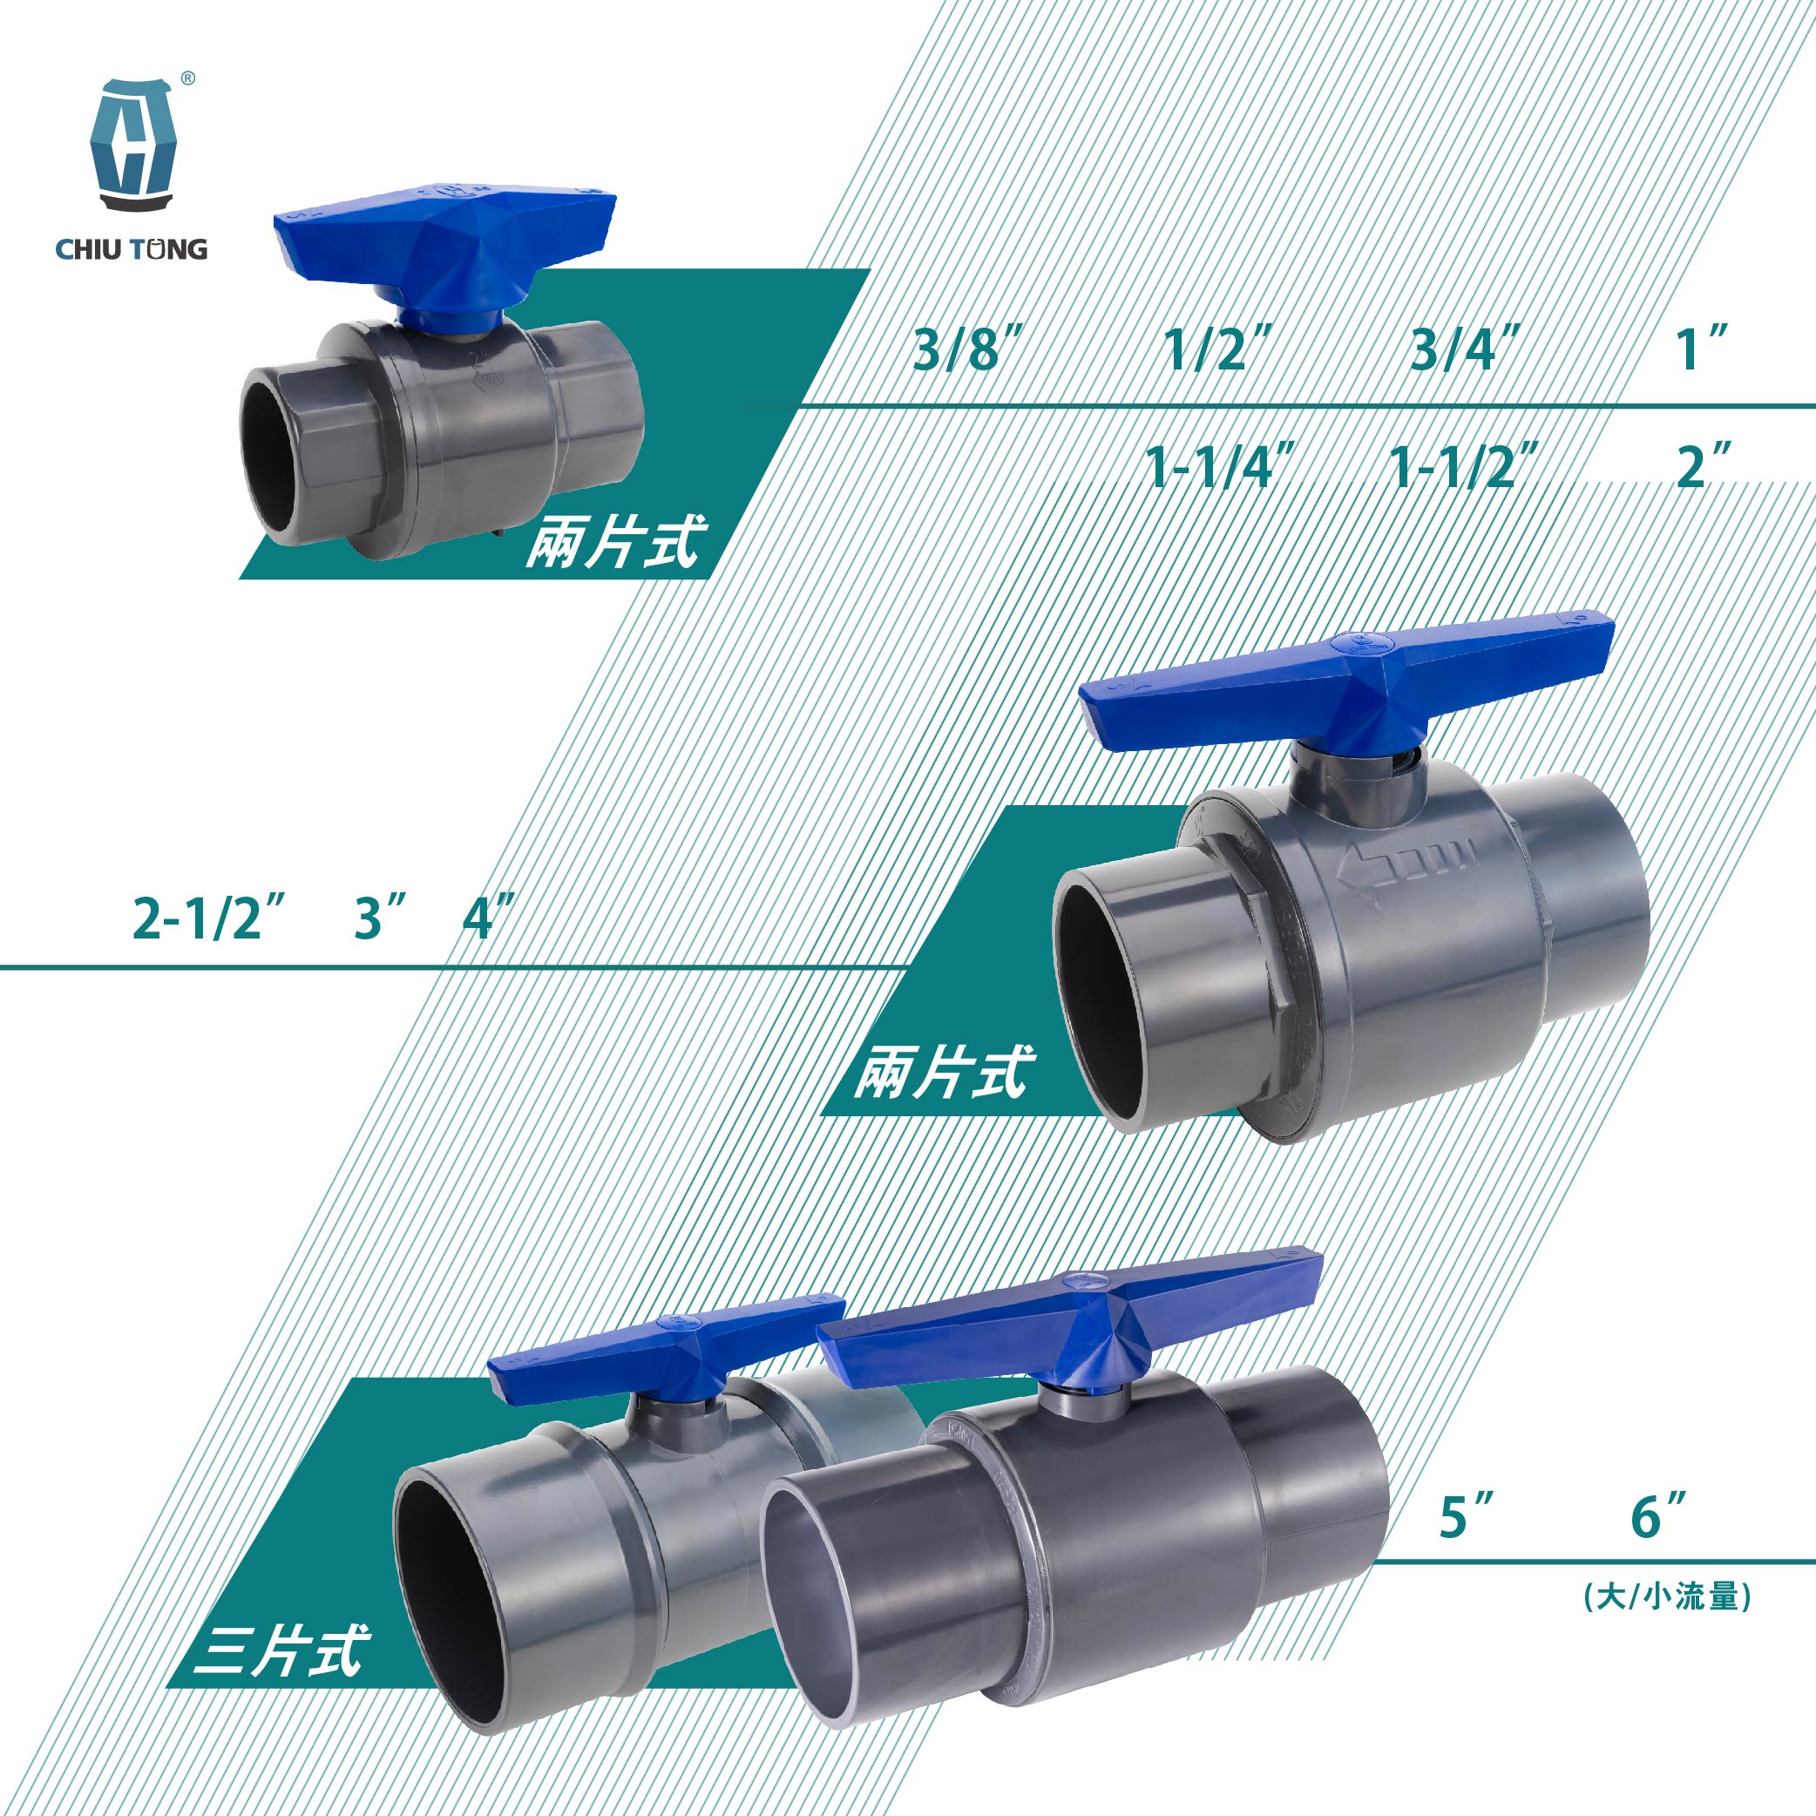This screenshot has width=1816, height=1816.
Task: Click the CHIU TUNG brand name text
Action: pos(132,249)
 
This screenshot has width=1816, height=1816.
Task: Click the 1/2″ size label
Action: pos(1218,349)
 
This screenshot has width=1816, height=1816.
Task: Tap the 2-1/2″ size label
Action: pos(208,918)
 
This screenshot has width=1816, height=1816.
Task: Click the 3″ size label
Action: pos(381,918)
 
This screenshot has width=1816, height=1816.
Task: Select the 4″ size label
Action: pos(489,918)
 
